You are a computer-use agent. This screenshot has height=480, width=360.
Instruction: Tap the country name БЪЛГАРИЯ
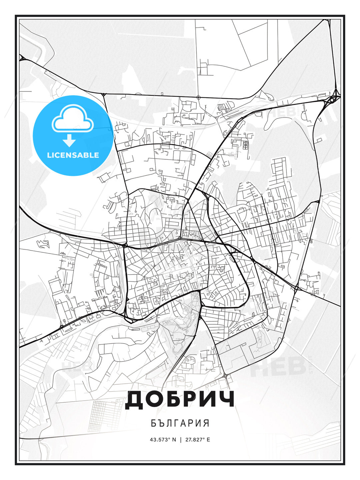pos(180,423)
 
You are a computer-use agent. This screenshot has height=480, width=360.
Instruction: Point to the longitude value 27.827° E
pos(198,440)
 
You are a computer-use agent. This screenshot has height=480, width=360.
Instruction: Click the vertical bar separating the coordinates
pos(181,440)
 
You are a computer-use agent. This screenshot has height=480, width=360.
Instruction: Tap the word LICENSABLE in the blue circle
pos(73,155)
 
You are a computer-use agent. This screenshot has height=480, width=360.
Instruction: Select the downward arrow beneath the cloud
pos(69,140)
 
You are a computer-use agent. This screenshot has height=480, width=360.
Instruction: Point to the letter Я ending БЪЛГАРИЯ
pos(206,423)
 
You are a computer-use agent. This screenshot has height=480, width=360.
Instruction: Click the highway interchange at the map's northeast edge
pos(333,98)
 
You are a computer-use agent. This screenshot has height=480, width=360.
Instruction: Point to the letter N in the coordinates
pos(174,440)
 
